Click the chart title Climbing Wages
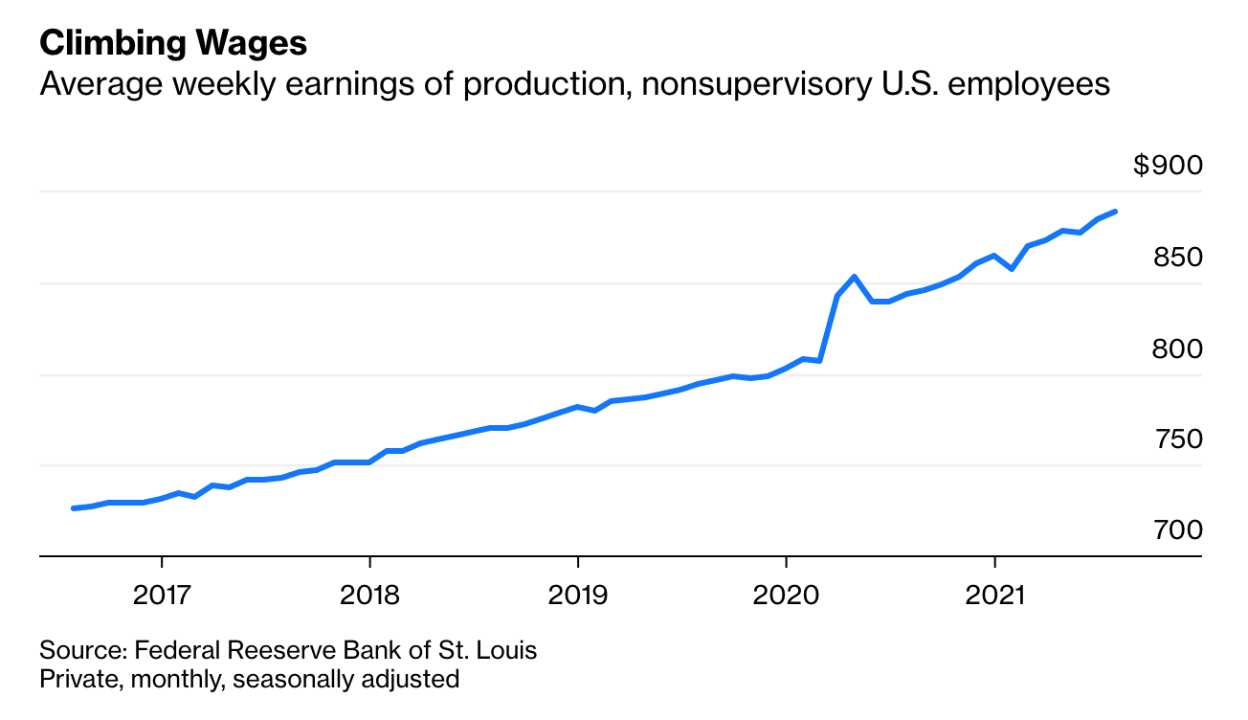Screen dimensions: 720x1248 point(173,43)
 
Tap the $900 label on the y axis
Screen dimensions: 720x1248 point(1167,166)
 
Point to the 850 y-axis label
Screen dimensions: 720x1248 point(1176,258)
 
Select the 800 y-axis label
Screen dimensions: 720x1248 point(1176,349)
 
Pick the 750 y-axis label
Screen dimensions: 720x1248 point(1176,439)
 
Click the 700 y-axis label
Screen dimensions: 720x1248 point(1176,529)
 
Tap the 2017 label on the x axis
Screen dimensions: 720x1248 point(162,595)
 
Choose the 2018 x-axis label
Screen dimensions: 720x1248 point(369,595)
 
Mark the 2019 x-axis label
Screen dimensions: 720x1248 point(577,595)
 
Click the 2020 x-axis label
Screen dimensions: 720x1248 point(786,595)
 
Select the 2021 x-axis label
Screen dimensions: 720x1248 point(994,595)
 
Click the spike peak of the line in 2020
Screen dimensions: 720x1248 point(855,277)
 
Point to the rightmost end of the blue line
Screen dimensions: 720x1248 point(1116,212)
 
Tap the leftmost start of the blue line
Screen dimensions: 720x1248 point(73,508)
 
